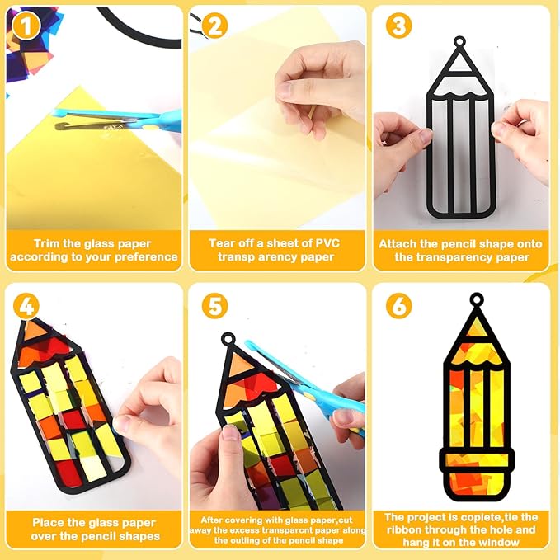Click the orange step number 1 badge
26,26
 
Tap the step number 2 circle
214,26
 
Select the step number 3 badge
398,26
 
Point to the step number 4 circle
26,306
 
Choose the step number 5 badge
214,306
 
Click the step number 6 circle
398,306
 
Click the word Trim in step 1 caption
46,243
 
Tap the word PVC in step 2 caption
327,243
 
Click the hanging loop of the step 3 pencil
459,42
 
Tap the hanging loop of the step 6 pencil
477,299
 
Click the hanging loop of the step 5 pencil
228,339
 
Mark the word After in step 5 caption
212,520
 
